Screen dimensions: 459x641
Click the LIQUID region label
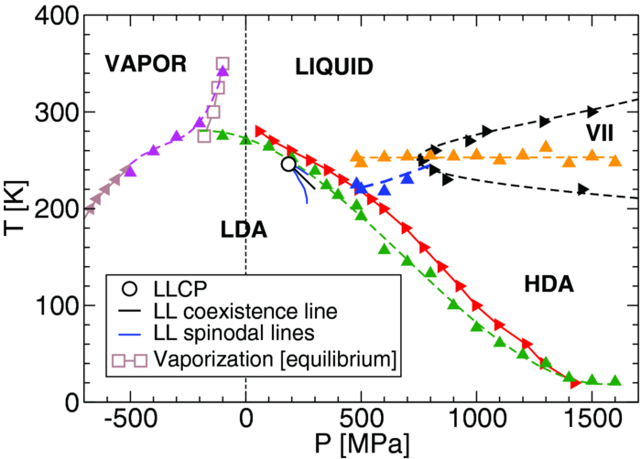click(334, 66)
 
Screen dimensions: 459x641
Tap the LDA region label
click(243, 230)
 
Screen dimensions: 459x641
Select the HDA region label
click(549, 285)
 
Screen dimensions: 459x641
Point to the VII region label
click(600, 134)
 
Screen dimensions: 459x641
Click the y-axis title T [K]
click(14, 208)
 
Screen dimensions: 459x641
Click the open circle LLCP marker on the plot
click(288, 164)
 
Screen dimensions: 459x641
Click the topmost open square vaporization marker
click(223, 64)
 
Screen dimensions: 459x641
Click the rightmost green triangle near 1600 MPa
click(614, 380)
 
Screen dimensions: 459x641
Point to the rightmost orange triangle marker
click(614, 160)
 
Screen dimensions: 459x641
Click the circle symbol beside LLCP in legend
click(131, 288)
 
